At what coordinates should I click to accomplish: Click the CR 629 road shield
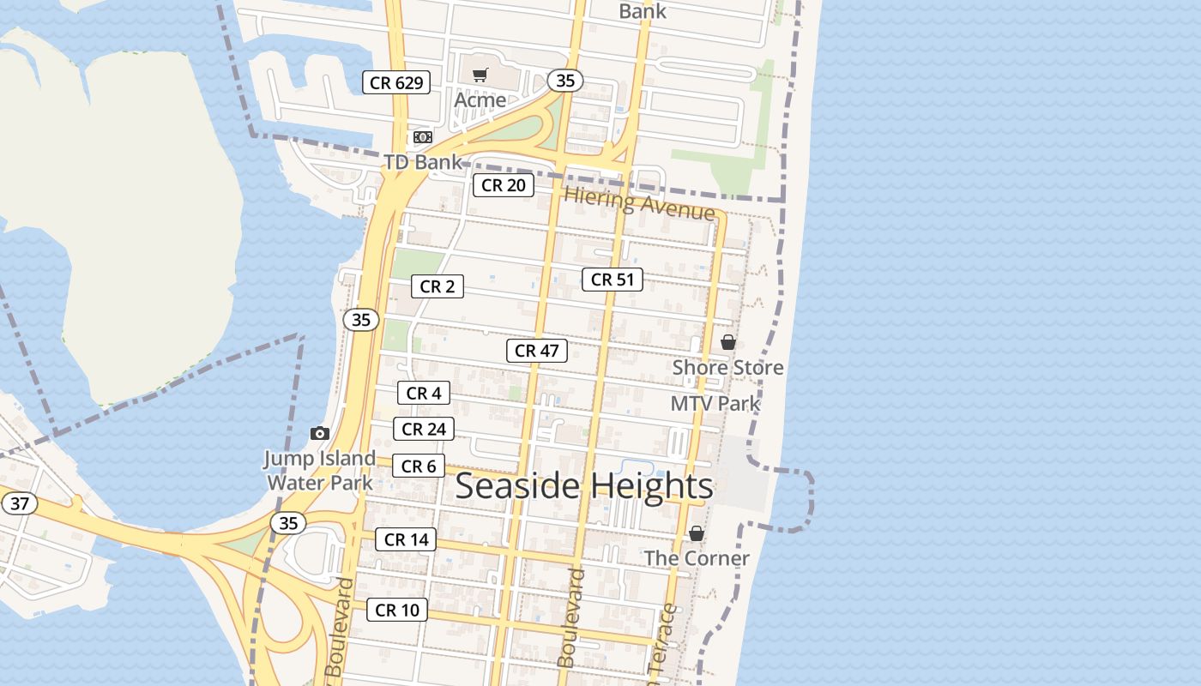395,82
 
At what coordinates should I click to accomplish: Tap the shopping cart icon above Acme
480,75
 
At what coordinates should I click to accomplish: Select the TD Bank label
422,162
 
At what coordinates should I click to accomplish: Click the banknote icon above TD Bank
422,137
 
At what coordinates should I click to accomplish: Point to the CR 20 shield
504,185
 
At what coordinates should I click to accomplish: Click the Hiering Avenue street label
639,203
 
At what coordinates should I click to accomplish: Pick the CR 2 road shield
437,286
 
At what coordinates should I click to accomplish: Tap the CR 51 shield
613,280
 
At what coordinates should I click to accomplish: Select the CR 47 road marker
537,350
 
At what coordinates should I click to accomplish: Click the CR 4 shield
424,393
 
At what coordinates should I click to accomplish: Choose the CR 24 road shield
424,429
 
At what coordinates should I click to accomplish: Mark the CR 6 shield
419,466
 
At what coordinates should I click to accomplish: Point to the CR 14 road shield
406,539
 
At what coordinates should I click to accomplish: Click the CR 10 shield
397,610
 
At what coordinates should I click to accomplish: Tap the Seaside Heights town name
584,486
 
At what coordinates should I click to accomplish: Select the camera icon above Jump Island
319,433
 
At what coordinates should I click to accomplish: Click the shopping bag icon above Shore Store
727,342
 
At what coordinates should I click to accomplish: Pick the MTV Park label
715,403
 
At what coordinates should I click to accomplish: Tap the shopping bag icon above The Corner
697,533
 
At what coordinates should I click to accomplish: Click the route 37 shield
19,502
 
